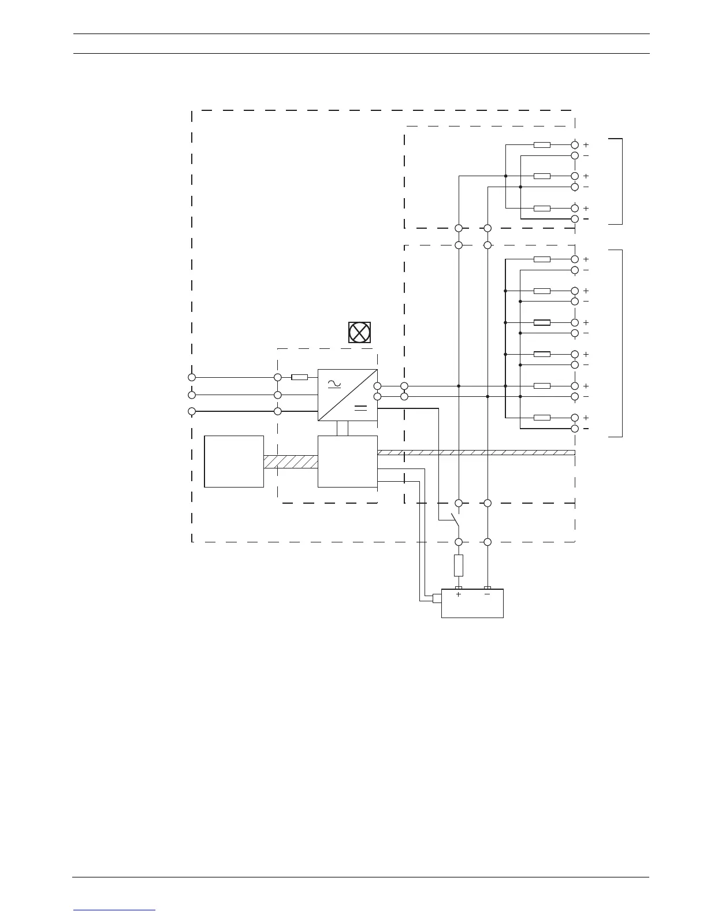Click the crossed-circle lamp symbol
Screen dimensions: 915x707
(x=359, y=332)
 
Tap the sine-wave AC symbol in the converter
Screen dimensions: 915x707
(x=334, y=384)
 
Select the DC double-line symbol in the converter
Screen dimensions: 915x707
(x=361, y=408)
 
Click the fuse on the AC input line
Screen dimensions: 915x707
(x=299, y=377)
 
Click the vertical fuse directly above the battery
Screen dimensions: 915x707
(x=459, y=565)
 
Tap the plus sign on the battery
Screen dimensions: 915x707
(x=459, y=594)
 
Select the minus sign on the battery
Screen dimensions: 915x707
(x=487, y=594)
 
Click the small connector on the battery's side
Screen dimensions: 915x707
(x=437, y=598)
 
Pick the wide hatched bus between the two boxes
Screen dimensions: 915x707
(x=291, y=462)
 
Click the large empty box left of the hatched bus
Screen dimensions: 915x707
(x=234, y=462)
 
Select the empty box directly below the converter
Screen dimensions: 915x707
(x=348, y=462)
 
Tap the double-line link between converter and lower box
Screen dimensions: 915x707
(x=343, y=429)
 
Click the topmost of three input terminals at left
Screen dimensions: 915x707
(x=192, y=377)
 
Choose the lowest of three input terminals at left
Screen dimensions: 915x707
(x=192, y=411)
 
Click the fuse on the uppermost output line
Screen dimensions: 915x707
(x=542, y=145)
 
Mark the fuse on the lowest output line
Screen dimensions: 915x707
(x=542, y=418)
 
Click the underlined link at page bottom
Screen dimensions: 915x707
(x=114, y=910)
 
